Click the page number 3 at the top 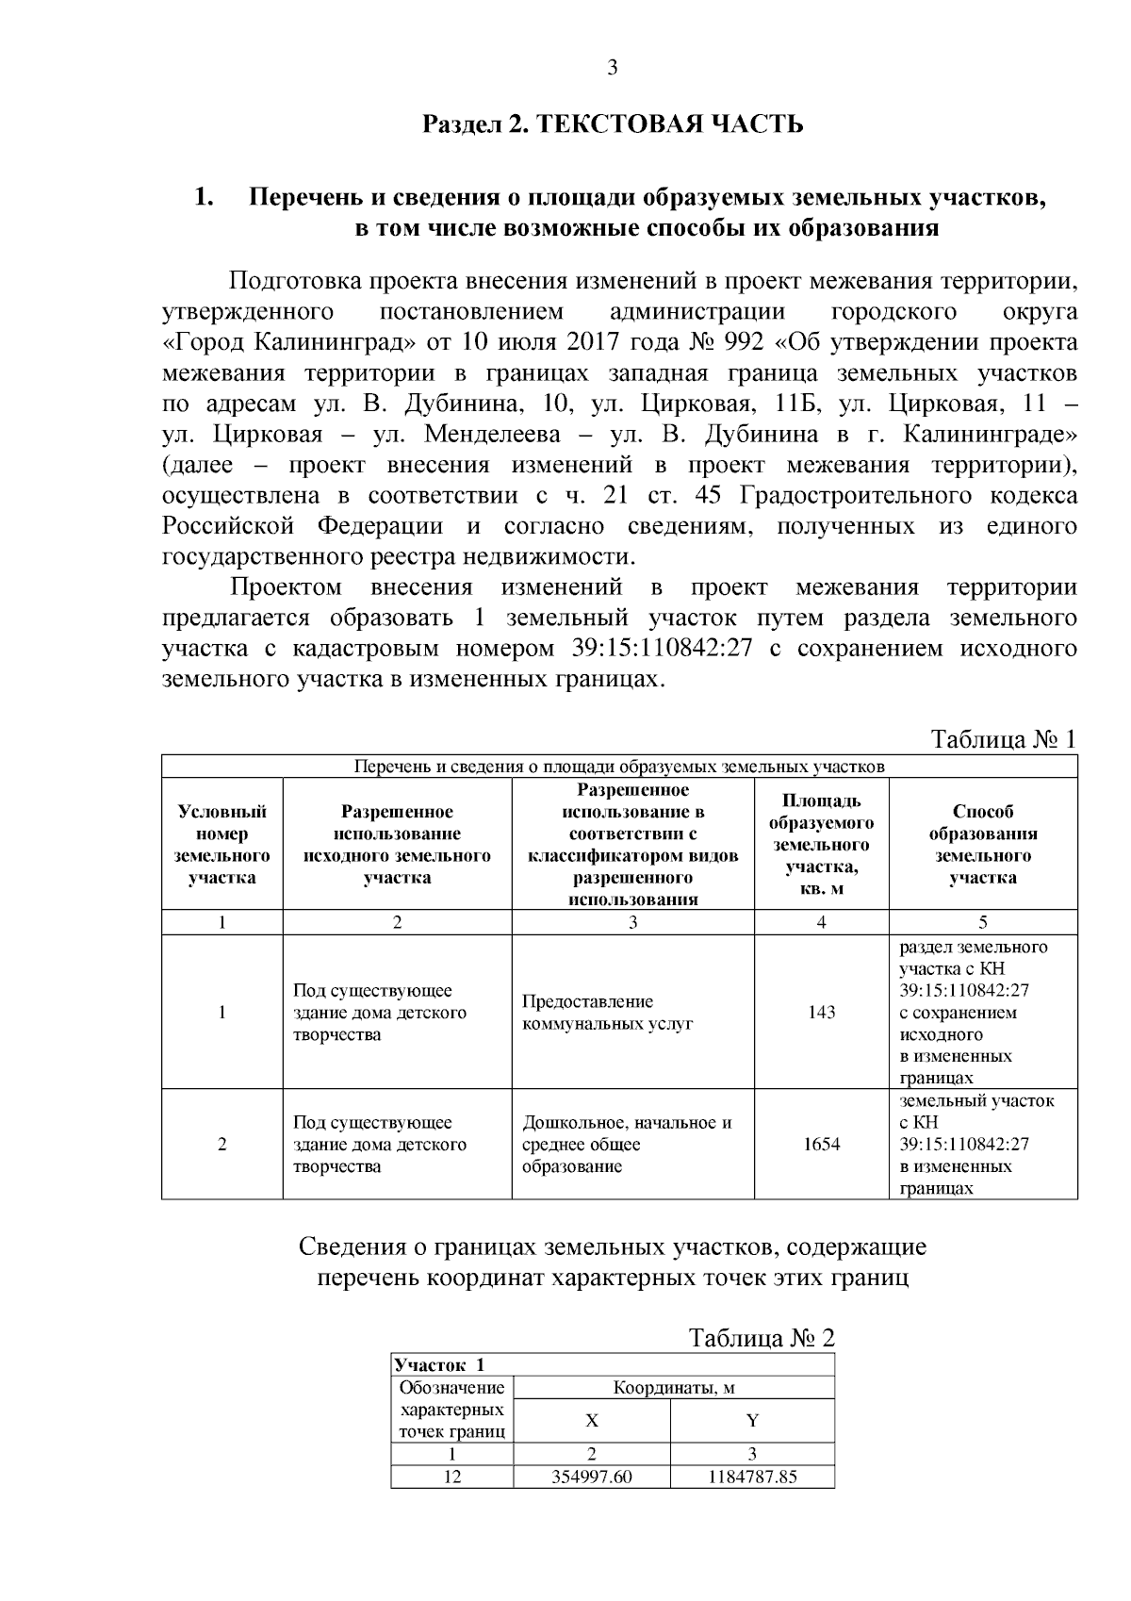(613, 68)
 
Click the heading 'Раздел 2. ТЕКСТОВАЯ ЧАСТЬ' (613, 124)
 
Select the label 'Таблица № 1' (1004, 738)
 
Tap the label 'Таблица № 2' (762, 1338)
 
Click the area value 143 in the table (821, 1013)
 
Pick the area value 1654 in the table (821, 1145)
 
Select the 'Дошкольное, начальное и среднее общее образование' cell (627, 1145)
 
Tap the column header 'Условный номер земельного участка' (222, 845)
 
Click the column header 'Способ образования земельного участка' (983, 845)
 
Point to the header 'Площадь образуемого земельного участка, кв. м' (821, 845)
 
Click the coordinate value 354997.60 (591, 1477)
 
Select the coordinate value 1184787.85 (752, 1477)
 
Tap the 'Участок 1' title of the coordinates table (439, 1365)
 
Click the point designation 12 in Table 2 (452, 1477)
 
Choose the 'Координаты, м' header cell (674, 1388)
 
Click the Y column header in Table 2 (752, 1421)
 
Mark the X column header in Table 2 (591, 1421)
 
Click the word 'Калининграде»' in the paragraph (990, 435)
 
